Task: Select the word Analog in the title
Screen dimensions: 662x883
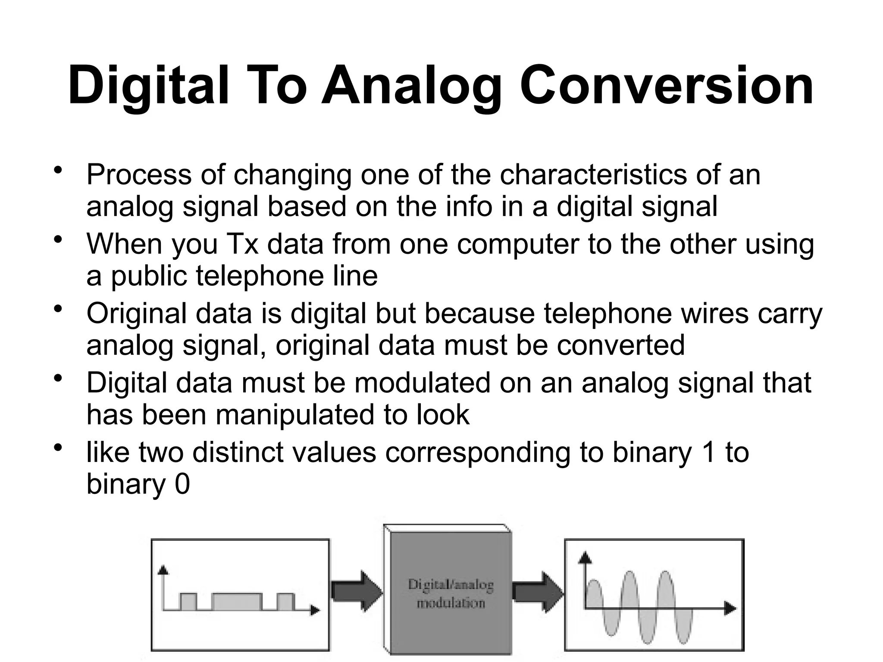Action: pyautogui.click(x=412, y=85)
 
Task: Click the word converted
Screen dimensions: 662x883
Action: pyautogui.click(x=620, y=345)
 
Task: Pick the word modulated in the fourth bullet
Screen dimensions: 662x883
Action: pyautogui.click(x=422, y=383)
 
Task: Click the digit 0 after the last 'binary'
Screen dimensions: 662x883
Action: pyautogui.click(x=182, y=484)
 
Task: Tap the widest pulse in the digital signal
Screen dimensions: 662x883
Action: pyautogui.click(x=237, y=602)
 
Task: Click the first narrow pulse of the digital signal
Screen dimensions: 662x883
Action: pyautogui.click(x=188, y=602)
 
